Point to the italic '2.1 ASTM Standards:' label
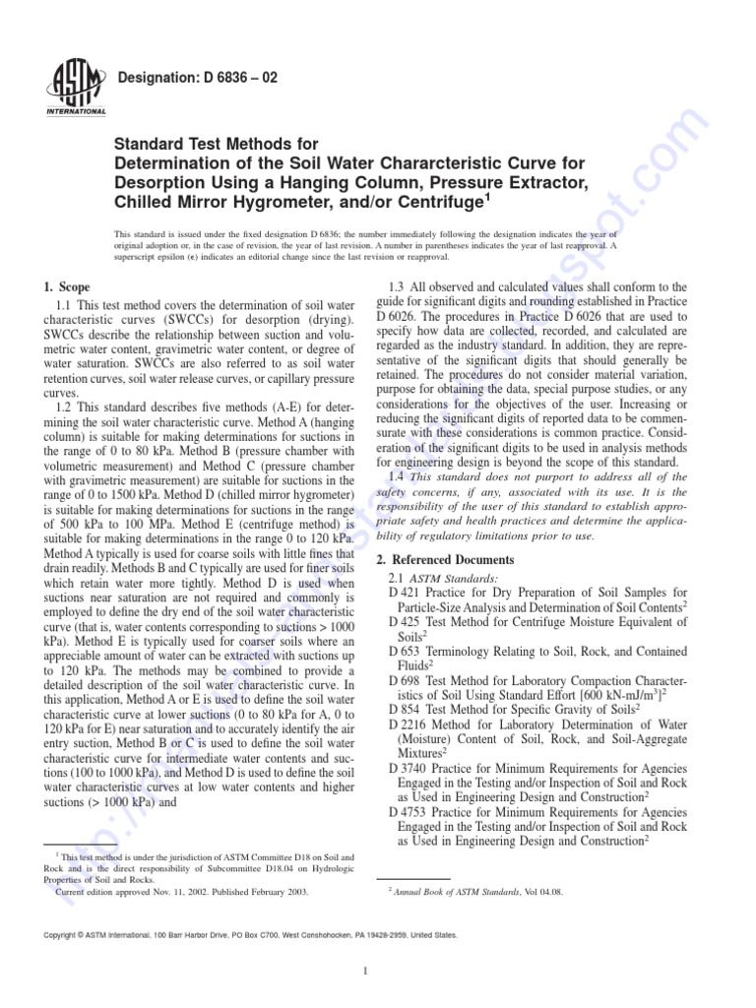point(444,577)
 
